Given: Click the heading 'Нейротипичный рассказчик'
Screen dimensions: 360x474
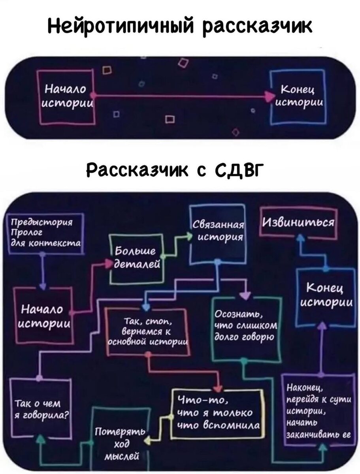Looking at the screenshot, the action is pyautogui.click(x=180, y=26).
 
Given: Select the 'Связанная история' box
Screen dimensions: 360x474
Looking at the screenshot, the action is pyautogui.click(x=217, y=233).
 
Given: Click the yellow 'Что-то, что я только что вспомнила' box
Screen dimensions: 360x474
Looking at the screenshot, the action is pyautogui.click(x=217, y=414).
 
